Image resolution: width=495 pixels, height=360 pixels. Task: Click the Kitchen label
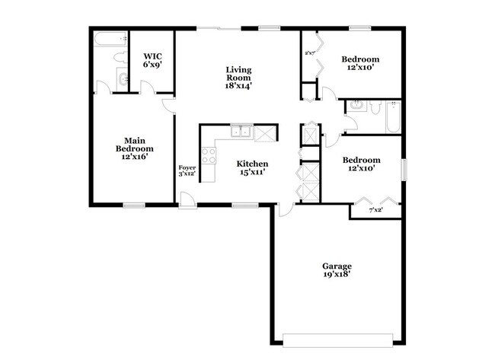pyautogui.click(x=251, y=164)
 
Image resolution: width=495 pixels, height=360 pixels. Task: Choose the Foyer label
pyautogui.click(x=187, y=167)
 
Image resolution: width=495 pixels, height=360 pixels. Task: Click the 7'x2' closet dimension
pyautogui.click(x=375, y=210)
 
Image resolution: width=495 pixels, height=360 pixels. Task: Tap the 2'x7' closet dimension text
pyautogui.click(x=310, y=53)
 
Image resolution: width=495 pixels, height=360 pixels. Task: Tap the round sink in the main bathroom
pyautogui.click(x=123, y=76)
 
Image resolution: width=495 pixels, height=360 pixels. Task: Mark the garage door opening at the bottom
pyautogui.click(x=337, y=339)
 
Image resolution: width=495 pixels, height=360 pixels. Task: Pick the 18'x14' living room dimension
pyautogui.click(x=238, y=86)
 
